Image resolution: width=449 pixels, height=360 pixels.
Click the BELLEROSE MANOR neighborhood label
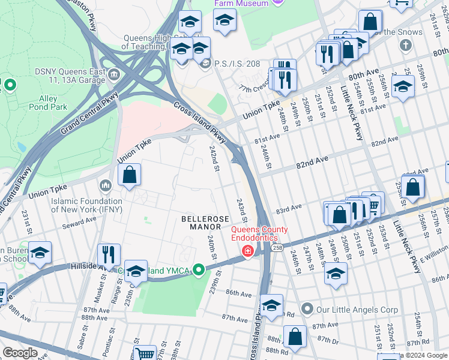(x=205, y=223)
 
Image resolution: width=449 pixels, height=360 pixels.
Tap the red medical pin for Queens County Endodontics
(x=247, y=251)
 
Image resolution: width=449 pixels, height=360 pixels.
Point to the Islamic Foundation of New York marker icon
(x=107, y=185)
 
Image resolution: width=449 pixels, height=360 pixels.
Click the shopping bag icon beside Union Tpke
(x=129, y=175)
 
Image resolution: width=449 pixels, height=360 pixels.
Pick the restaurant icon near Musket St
(x=109, y=254)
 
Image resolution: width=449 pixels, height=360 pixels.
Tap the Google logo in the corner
(x=20, y=353)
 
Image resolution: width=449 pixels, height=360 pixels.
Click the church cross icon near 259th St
(x=406, y=45)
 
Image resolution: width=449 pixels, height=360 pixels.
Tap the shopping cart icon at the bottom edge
(x=145, y=354)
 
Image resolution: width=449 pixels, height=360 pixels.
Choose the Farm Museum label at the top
(x=242, y=4)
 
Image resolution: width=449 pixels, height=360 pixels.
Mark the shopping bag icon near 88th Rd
(x=295, y=337)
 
